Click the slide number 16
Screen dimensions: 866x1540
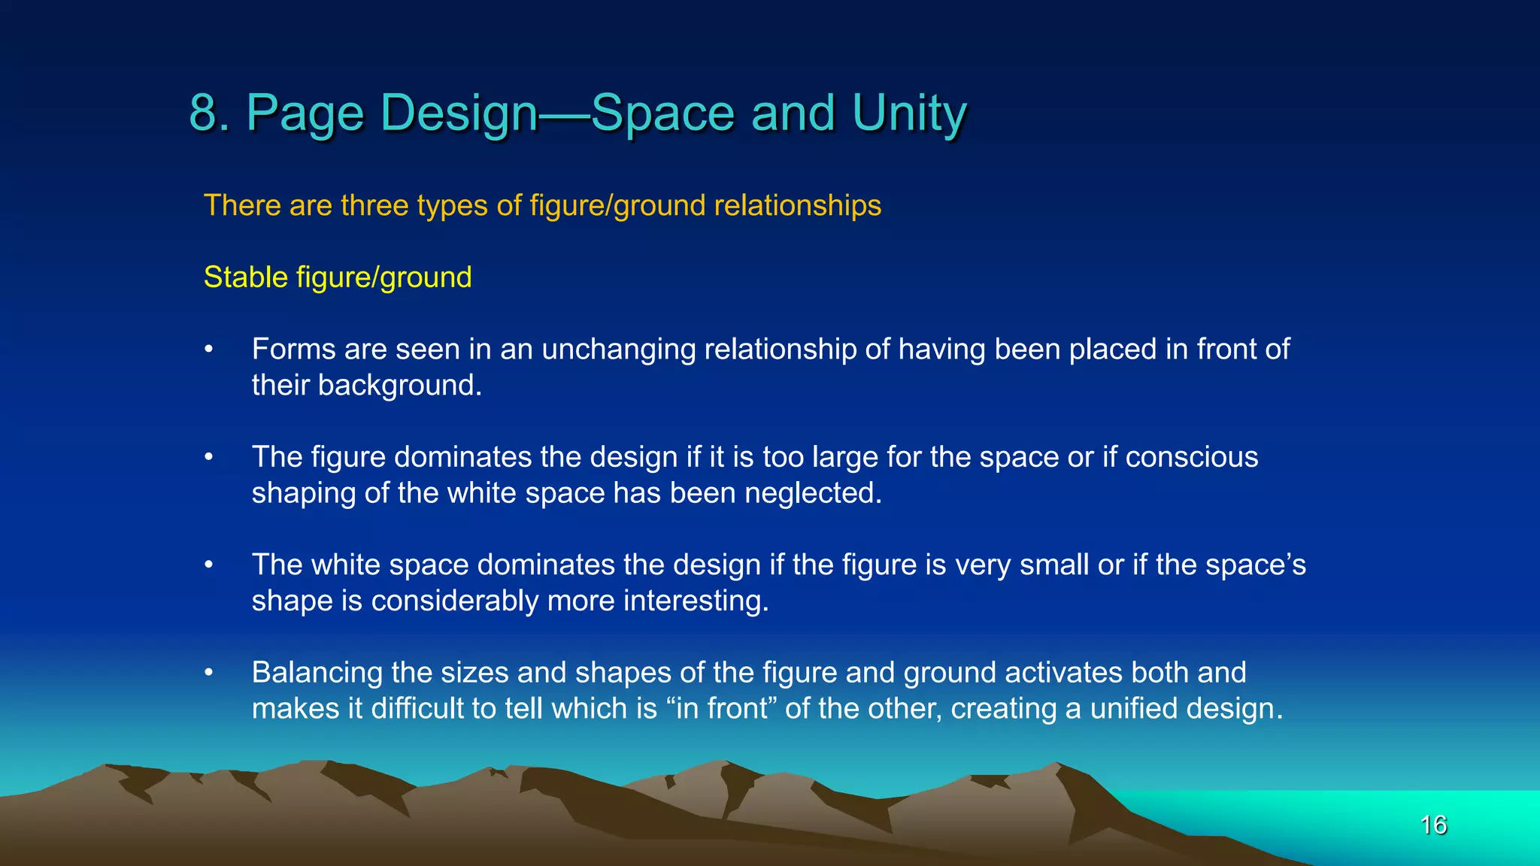[x=1433, y=825]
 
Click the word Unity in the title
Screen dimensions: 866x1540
[x=909, y=113]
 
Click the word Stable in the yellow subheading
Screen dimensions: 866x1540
[x=246, y=277]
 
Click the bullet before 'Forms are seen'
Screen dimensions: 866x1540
[x=210, y=350]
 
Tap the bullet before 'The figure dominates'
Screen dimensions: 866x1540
[x=210, y=457]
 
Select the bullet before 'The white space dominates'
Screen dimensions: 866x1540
[x=210, y=565]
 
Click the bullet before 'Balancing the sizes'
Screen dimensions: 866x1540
[x=210, y=673]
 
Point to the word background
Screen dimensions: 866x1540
[x=399, y=385]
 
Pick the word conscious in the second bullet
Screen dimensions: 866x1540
[x=1191, y=457]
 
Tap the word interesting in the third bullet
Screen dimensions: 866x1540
[x=696, y=601]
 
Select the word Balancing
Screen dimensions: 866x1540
[x=317, y=673]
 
